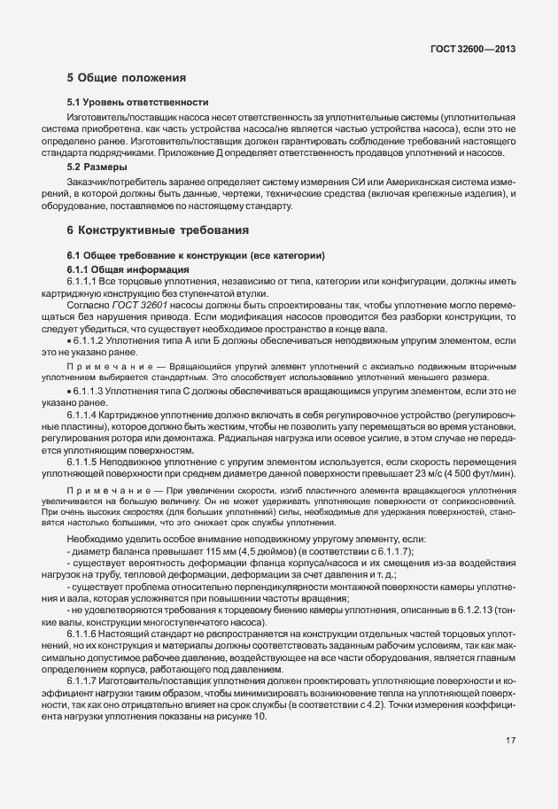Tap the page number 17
[x=511, y=741]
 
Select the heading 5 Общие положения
[x=127, y=77]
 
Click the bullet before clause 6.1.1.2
[x=69, y=340]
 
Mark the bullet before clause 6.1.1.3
[x=69, y=391]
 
